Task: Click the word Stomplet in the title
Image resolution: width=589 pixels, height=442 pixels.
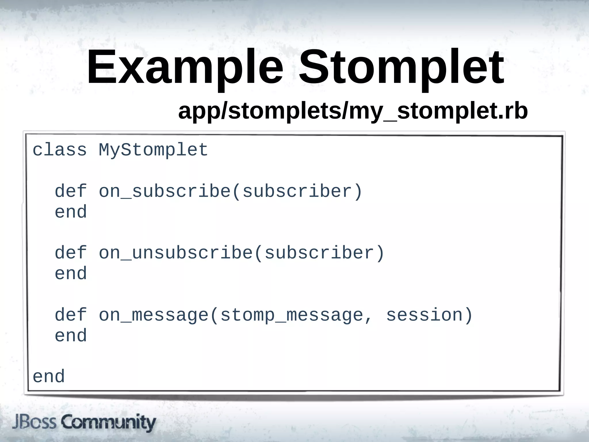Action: click(401, 68)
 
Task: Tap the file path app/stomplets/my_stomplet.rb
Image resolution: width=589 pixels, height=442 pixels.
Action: click(353, 111)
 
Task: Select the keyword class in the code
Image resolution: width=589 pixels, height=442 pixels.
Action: click(60, 150)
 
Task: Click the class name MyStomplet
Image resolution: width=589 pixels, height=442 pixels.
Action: click(153, 150)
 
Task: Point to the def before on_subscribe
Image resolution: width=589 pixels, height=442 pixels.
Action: click(71, 191)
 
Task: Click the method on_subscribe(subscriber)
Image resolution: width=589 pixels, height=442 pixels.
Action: click(230, 191)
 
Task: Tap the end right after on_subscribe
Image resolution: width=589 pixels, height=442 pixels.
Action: click(71, 212)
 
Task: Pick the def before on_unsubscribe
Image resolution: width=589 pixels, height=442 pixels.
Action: click(71, 253)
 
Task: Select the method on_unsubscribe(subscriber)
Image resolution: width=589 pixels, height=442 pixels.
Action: click(242, 253)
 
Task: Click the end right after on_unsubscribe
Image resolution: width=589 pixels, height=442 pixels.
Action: click(71, 273)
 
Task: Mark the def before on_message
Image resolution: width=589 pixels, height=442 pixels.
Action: click(71, 315)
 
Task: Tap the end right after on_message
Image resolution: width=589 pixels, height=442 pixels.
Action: click(71, 336)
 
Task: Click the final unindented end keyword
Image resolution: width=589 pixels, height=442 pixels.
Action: click(49, 376)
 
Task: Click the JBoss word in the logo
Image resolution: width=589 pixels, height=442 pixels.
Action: click(34, 422)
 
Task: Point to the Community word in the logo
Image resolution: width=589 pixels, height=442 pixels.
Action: click(108, 422)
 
